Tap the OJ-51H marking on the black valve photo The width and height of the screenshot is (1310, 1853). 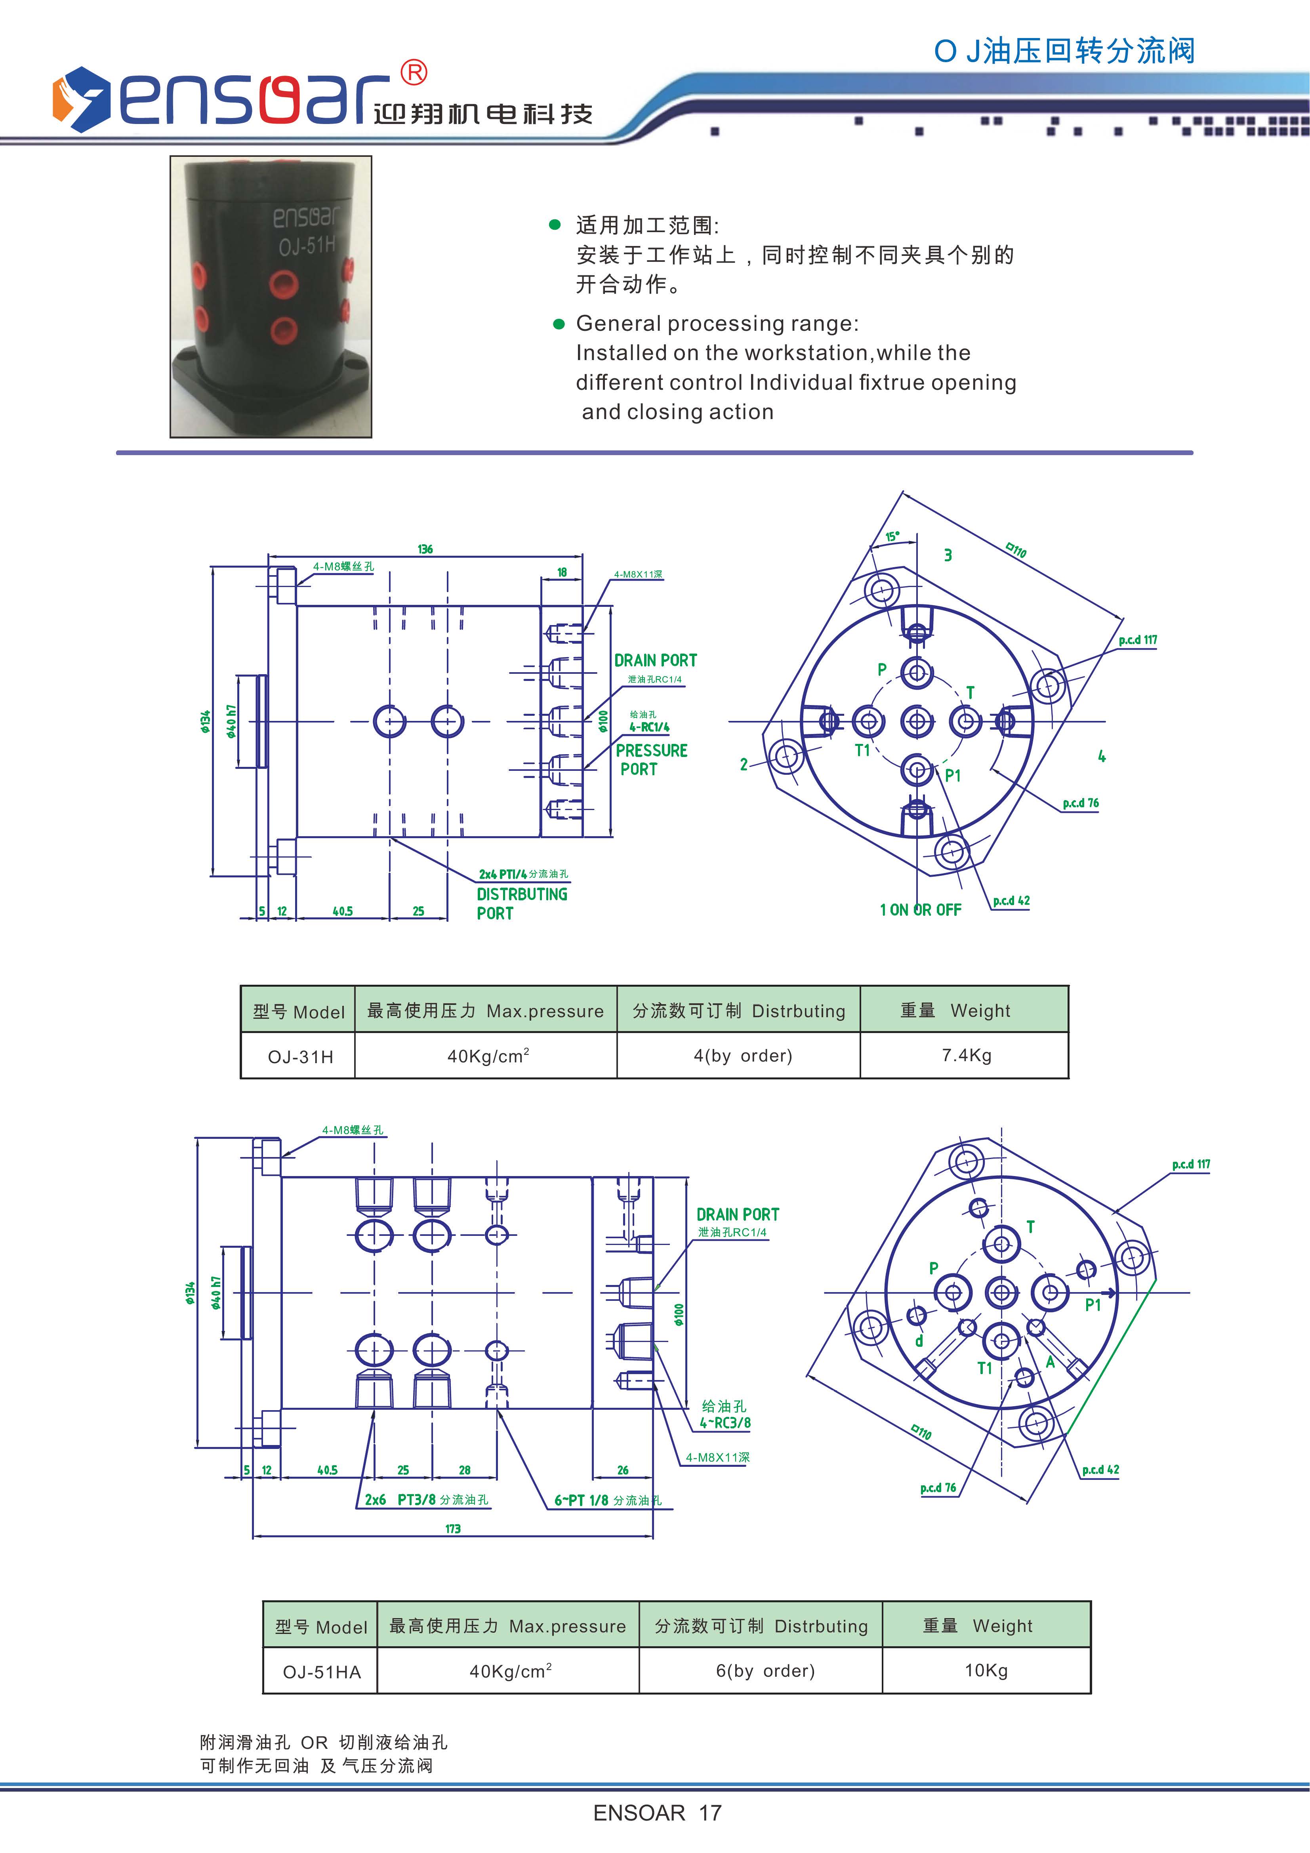pos(307,245)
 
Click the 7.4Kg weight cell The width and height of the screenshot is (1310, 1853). pos(966,1055)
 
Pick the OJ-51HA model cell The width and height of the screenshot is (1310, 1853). pos(321,1672)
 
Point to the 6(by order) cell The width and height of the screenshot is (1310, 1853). pos(765,1671)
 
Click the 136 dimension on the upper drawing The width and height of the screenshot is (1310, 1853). pos(425,549)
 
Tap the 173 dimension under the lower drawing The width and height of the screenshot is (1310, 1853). pos(453,1529)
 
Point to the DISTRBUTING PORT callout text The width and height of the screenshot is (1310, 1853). pos(521,904)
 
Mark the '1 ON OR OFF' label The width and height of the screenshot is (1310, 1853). pos(920,909)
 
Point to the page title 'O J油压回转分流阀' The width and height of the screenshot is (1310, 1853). pos(1064,51)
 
